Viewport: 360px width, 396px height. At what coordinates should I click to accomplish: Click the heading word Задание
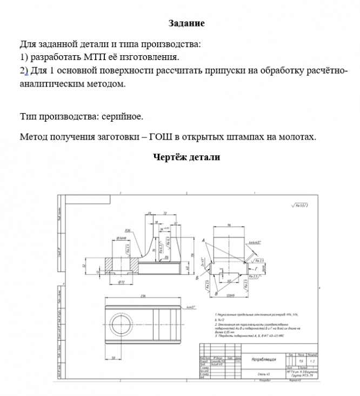186,23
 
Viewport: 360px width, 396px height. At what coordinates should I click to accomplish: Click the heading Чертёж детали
186,157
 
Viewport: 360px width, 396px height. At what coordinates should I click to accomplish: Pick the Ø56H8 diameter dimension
122,238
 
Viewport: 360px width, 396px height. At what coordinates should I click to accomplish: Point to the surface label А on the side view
203,240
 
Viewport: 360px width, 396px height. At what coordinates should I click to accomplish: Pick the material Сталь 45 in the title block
263,374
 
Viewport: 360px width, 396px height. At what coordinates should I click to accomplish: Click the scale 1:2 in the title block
313,360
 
